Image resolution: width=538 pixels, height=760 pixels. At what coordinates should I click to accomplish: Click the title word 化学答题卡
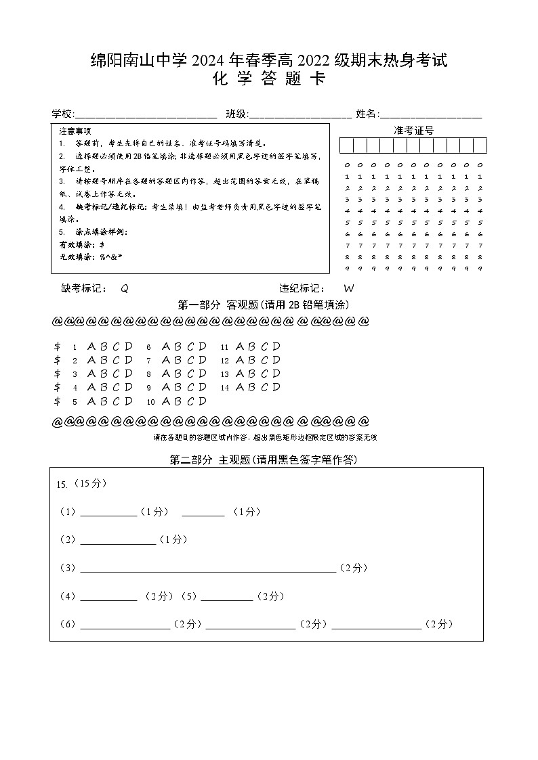pyautogui.click(x=269, y=80)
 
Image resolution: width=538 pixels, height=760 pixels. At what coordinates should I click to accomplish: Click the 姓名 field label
pyautogui.click(x=367, y=114)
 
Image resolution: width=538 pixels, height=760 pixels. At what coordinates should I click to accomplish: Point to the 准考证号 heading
pyautogui.click(x=413, y=130)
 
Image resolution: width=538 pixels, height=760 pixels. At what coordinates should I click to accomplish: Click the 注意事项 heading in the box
pyautogui.click(x=75, y=131)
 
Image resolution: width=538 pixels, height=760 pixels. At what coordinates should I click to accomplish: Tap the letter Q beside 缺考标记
pyautogui.click(x=124, y=288)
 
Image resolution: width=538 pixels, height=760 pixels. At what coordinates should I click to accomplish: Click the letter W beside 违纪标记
pyautogui.click(x=349, y=288)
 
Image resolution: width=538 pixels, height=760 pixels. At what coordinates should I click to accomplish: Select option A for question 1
pyautogui.click(x=92, y=347)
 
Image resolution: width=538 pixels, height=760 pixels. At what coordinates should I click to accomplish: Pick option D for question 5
pyautogui.click(x=129, y=401)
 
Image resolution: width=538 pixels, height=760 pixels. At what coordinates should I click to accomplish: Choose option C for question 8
pyautogui.click(x=189, y=374)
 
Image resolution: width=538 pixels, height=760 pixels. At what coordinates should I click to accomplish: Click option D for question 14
pyautogui.click(x=276, y=388)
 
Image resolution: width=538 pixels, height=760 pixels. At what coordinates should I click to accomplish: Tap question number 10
pyautogui.click(x=151, y=402)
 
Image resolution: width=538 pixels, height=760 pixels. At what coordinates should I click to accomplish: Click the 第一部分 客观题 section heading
pyautogui.click(x=264, y=305)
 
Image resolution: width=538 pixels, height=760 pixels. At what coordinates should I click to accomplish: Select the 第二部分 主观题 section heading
pyautogui.click(x=264, y=460)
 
